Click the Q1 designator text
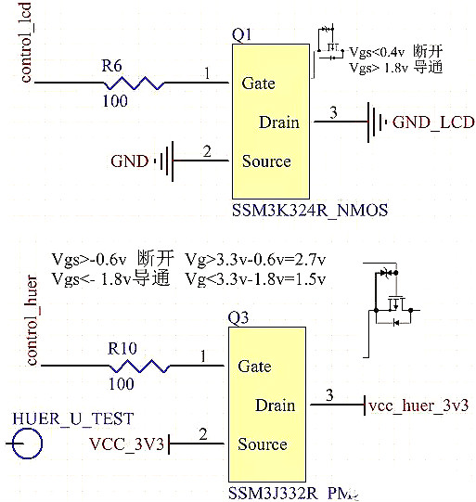(241, 34)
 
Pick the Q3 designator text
(238, 318)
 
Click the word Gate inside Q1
(258, 84)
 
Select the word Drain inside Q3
(275, 405)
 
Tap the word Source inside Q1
(266, 161)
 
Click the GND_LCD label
(433, 122)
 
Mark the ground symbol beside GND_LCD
(376, 122)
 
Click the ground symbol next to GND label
(164, 161)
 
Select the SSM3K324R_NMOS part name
(309, 212)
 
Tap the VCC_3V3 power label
(127, 444)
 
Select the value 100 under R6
(115, 102)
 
